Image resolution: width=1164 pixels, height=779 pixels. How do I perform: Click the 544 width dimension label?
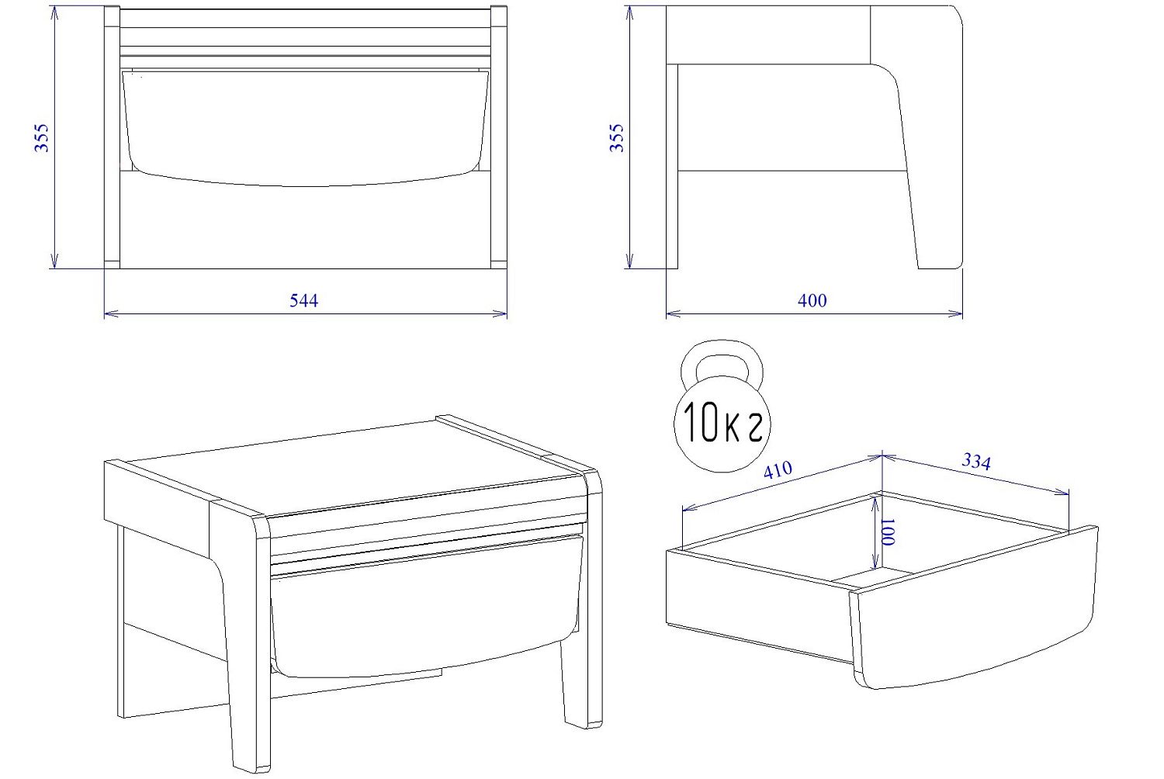303,300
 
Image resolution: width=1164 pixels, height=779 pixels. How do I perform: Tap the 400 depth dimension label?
812,300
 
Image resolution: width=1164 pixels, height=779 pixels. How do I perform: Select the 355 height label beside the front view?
42,137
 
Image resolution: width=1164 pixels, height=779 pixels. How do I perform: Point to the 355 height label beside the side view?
616,137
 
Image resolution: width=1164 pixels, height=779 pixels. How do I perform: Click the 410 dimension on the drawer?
778,469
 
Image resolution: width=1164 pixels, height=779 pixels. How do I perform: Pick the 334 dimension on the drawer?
976,461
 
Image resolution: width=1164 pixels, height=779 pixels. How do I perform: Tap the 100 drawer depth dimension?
888,531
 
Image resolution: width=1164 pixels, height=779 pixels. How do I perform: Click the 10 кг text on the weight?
722,421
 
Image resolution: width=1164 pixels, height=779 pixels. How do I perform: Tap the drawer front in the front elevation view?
306,127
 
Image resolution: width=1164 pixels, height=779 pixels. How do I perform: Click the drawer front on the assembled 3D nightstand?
426,608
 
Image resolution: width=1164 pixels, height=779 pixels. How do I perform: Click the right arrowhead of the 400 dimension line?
956,313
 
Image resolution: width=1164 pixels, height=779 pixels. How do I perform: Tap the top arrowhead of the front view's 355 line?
54,13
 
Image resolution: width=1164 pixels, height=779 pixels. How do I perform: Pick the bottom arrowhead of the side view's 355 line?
629,261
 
